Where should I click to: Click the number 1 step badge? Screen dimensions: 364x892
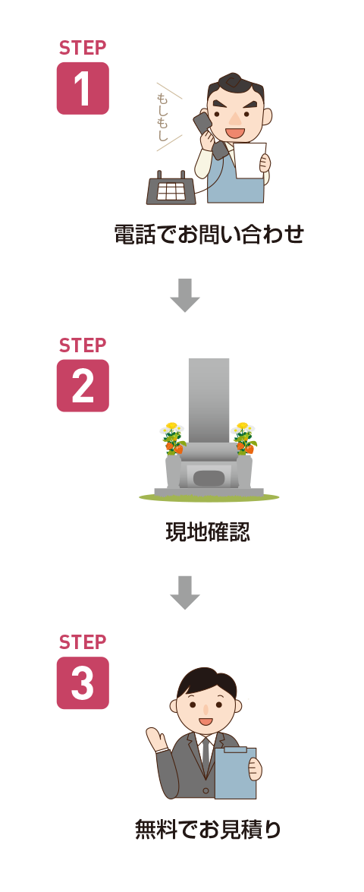click(x=83, y=88)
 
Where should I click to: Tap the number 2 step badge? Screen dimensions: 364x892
click(x=83, y=386)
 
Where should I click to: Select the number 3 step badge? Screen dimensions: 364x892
click(x=83, y=682)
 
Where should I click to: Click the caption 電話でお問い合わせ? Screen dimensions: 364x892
click(x=209, y=234)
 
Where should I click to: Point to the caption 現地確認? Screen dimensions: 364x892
click(x=208, y=532)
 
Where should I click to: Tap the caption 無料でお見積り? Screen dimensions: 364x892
click(x=208, y=829)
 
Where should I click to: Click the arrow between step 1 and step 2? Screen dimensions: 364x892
click(x=184, y=295)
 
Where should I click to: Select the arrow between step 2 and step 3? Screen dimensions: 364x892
click(x=184, y=593)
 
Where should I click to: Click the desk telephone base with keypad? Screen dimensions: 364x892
click(x=171, y=188)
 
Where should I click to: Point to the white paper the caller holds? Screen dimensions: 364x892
click(x=250, y=160)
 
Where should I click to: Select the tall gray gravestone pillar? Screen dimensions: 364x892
click(x=209, y=401)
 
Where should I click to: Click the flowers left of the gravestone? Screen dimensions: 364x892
click(x=173, y=437)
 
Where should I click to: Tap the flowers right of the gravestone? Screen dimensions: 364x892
click(x=244, y=437)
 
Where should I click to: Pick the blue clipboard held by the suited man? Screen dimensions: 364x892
click(x=235, y=773)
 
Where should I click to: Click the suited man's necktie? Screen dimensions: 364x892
click(x=206, y=752)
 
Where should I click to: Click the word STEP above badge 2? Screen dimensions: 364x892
click(x=83, y=345)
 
